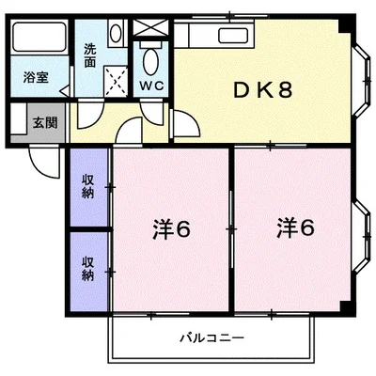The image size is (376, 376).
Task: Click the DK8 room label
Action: (x=263, y=90)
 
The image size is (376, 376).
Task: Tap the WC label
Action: (x=151, y=86)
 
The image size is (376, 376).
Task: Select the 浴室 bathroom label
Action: (x=36, y=77)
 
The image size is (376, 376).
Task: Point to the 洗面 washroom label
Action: (x=90, y=55)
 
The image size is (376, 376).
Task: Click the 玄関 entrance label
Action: (x=45, y=123)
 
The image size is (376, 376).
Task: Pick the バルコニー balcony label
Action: (x=211, y=338)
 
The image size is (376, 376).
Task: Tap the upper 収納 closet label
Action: (x=88, y=186)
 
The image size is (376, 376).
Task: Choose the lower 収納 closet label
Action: (x=88, y=269)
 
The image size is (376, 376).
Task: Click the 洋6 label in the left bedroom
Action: (x=172, y=229)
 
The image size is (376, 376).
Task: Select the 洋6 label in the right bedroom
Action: (x=295, y=228)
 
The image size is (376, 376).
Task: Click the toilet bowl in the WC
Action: (x=149, y=61)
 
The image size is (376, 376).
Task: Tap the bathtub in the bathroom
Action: (x=39, y=38)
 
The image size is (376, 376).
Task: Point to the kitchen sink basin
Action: (x=233, y=36)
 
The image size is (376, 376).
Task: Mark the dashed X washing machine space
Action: (x=116, y=82)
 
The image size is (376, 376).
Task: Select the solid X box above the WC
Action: (x=150, y=27)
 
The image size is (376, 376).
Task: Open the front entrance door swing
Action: (x=44, y=162)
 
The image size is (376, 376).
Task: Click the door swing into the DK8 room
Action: (x=187, y=123)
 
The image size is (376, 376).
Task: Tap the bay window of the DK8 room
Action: (x=362, y=81)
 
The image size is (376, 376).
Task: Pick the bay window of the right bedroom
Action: (x=362, y=237)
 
